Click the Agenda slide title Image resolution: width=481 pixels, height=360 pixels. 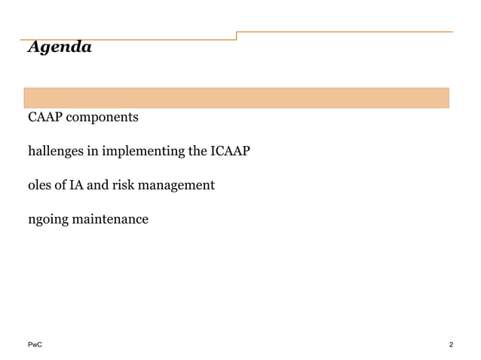pos(59,47)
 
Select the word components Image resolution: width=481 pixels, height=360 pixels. pos(103,118)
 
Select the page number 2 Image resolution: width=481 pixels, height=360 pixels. pos(450,345)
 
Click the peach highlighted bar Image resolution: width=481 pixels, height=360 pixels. pos(237,98)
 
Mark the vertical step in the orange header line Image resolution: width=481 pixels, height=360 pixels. pos(237,35)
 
